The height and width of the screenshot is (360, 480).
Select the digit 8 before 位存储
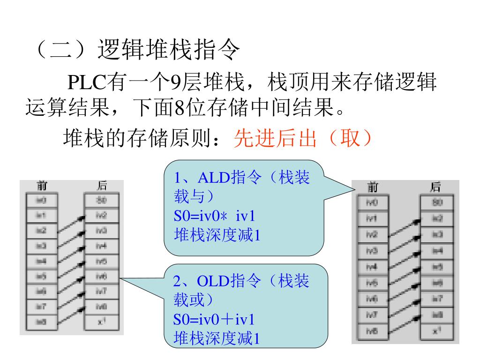click(x=179, y=109)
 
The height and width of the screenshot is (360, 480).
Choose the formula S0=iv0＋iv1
click(x=213, y=320)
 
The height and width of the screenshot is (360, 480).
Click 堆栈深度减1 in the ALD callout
click(x=216, y=234)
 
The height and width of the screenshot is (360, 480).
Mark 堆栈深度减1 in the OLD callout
click(x=216, y=338)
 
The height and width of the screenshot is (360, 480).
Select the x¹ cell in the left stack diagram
click(x=101, y=322)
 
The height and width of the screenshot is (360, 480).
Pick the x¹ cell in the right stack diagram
click(x=436, y=331)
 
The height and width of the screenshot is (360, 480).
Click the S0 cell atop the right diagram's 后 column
click(x=436, y=203)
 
